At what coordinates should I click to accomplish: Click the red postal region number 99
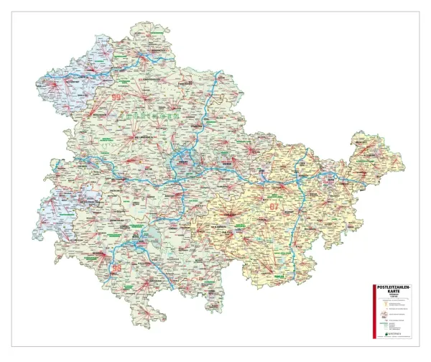point(118,96)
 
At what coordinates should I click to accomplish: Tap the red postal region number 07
point(274,207)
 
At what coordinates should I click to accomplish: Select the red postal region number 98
point(117,267)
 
